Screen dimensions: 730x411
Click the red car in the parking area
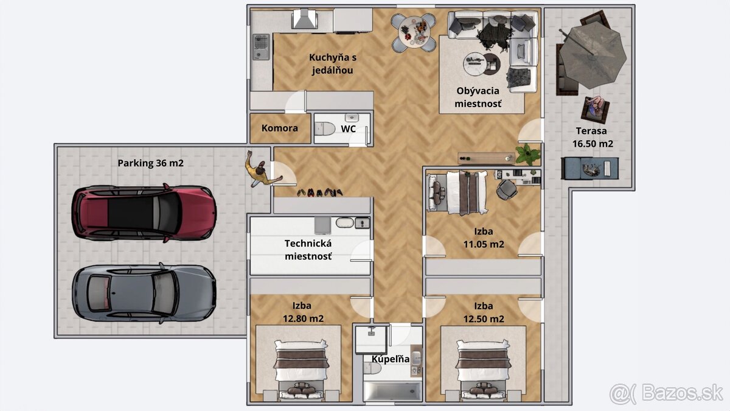click(x=144, y=213)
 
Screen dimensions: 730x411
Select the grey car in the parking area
click(x=144, y=293)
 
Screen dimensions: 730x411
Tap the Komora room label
click(x=280, y=128)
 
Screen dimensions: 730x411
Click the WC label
click(x=348, y=129)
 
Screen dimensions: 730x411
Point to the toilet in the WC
click(x=325, y=128)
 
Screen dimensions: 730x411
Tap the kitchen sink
click(x=261, y=47)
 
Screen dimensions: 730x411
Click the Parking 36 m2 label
click(x=151, y=163)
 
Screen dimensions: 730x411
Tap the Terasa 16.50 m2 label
click(x=592, y=138)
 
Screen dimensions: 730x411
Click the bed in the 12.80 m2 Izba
click(x=301, y=369)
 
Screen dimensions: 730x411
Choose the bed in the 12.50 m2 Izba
click(x=482, y=369)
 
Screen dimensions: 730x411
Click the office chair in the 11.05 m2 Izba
click(x=507, y=189)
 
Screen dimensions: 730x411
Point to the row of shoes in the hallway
click(x=320, y=192)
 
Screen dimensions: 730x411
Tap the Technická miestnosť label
click(x=308, y=250)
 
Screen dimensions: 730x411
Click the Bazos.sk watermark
click(x=666, y=393)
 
